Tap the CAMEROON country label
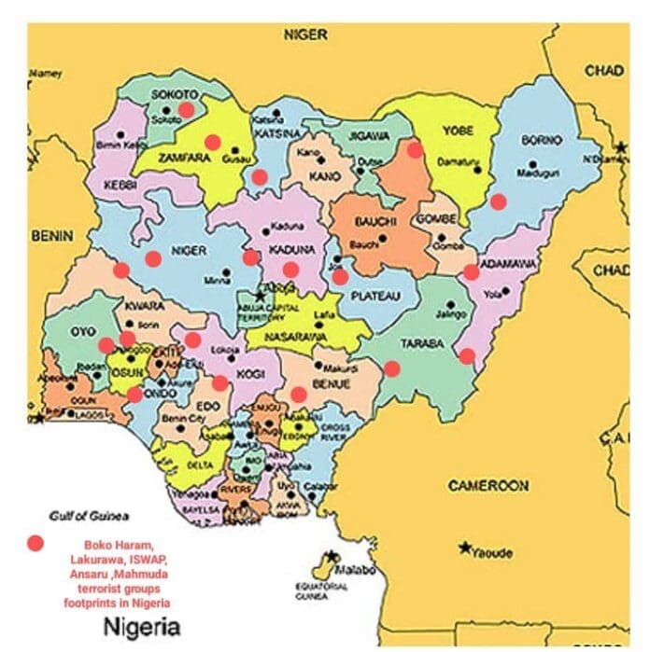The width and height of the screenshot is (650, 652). tap(487, 486)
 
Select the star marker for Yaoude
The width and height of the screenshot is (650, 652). tap(464, 548)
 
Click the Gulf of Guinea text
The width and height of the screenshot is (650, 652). tap(90, 516)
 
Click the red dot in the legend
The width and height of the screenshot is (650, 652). tap(35, 543)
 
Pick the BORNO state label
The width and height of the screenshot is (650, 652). tap(543, 140)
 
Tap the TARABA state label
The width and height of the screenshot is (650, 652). tap(422, 344)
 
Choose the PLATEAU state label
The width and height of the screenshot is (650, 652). tap(375, 296)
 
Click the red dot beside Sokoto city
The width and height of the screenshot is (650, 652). tap(187, 109)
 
